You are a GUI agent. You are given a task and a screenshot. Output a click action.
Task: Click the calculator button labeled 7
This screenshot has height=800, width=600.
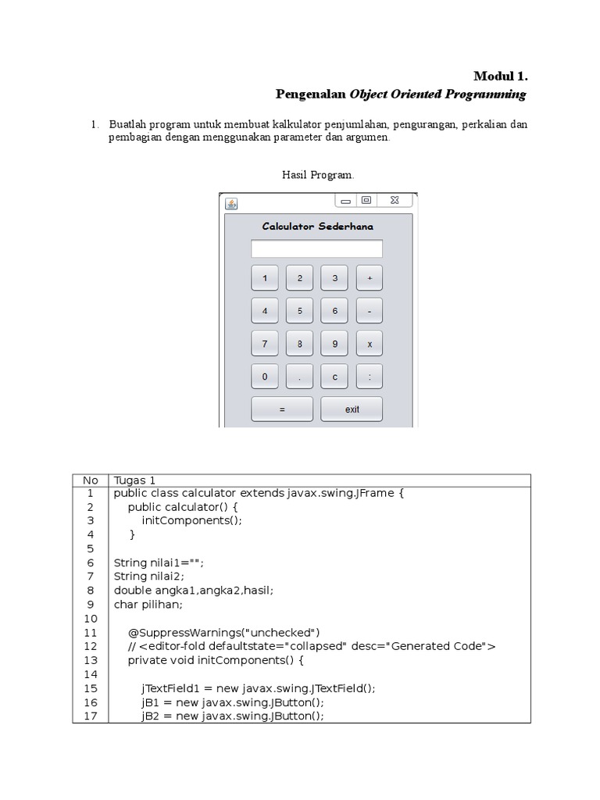point(265,343)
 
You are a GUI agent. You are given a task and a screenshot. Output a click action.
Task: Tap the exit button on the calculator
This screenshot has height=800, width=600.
point(352,409)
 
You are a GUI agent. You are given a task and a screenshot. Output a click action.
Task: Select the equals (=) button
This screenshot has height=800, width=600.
point(281,409)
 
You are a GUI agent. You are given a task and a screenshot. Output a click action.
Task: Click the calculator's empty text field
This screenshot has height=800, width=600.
point(316,248)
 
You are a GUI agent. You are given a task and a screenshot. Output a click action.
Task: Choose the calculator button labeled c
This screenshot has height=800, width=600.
point(334,377)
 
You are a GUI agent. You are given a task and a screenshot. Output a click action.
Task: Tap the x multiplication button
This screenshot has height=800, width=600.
point(370,343)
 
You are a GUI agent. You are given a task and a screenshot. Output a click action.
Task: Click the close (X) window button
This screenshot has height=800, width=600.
point(395,201)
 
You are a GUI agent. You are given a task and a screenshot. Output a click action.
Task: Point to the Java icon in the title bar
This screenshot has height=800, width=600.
point(231,203)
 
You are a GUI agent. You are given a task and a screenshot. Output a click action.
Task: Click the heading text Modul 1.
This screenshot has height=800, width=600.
point(501,76)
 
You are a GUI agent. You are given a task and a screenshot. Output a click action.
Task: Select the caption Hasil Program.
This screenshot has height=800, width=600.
point(318,175)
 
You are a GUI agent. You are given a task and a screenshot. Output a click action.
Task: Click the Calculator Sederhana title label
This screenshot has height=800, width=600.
point(317,227)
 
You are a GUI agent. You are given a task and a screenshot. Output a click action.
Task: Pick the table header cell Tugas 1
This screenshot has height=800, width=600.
point(135,480)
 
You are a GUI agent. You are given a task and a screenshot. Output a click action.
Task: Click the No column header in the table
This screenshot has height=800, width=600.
point(91,480)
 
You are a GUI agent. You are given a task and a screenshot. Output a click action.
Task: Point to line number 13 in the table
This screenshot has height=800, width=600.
point(91,660)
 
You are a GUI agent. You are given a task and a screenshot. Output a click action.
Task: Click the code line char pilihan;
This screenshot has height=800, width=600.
point(148,604)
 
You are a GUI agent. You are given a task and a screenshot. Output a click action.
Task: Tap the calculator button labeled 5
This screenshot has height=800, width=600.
point(299,310)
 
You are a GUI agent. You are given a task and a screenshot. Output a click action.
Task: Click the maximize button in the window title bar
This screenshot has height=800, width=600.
point(366,201)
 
